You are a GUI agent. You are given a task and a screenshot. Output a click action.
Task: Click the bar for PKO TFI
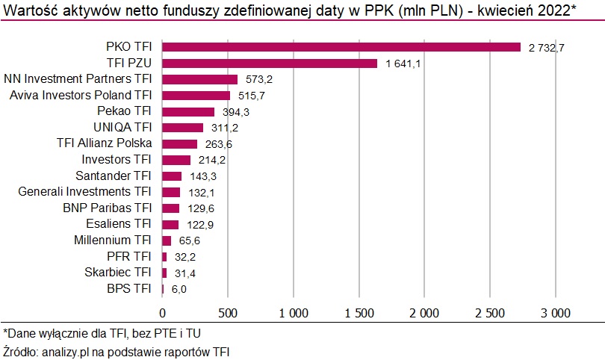(341, 47)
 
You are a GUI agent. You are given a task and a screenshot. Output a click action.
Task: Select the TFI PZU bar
(270, 63)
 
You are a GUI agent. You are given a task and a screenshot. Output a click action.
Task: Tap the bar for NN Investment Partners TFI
(199, 79)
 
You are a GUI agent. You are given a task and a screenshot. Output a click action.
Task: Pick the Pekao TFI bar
(188, 111)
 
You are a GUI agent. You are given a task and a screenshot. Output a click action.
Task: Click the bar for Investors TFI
(176, 160)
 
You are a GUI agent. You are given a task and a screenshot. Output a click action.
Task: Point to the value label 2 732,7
(546, 48)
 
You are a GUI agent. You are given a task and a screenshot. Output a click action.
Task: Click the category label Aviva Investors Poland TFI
(81, 95)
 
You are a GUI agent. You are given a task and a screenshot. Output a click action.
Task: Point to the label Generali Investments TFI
(84, 192)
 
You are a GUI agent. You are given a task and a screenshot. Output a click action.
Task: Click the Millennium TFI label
(113, 240)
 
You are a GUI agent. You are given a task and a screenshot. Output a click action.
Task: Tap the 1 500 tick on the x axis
(359, 311)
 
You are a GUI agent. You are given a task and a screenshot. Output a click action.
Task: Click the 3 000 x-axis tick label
(555, 311)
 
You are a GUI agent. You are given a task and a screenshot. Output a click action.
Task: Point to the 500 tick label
(228, 311)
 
